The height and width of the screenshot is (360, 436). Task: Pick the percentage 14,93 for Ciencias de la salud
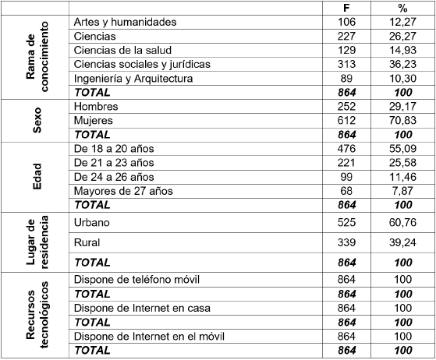click(x=402, y=50)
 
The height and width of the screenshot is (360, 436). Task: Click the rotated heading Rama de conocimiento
click(x=37, y=57)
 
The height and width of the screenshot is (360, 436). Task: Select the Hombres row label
click(x=96, y=107)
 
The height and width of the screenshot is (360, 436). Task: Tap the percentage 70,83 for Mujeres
click(x=402, y=121)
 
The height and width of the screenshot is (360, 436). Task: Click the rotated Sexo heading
click(x=37, y=121)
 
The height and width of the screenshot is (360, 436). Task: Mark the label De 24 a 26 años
click(x=114, y=177)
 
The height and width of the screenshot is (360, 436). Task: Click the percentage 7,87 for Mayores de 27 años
click(x=402, y=192)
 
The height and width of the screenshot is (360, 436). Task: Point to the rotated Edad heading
click(x=37, y=177)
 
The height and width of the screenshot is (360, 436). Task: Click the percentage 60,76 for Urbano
click(x=402, y=223)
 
